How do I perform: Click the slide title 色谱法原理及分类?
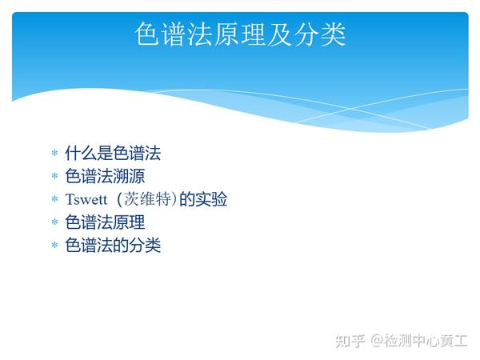tap(240, 34)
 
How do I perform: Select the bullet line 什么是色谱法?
tap(113, 153)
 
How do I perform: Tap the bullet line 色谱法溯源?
tap(105, 176)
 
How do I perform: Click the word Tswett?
tap(86, 199)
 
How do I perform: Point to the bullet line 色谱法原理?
tap(105, 222)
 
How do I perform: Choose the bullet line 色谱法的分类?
tap(113, 246)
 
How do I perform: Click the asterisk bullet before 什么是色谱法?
tap(54, 153)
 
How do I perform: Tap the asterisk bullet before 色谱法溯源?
tap(54, 176)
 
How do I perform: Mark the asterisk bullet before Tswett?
tap(54, 199)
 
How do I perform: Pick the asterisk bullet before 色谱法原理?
tap(54, 222)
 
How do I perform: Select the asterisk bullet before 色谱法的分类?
tap(54, 245)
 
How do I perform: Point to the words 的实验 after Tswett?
tap(203, 199)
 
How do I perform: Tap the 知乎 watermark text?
tap(350, 341)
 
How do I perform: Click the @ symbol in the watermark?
tap(377, 341)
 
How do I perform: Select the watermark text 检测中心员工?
tap(426, 341)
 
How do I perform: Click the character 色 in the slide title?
tap(147, 34)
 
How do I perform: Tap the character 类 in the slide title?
tap(333, 34)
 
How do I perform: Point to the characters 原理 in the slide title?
tap(240, 34)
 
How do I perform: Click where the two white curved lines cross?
tap(351, 109)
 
